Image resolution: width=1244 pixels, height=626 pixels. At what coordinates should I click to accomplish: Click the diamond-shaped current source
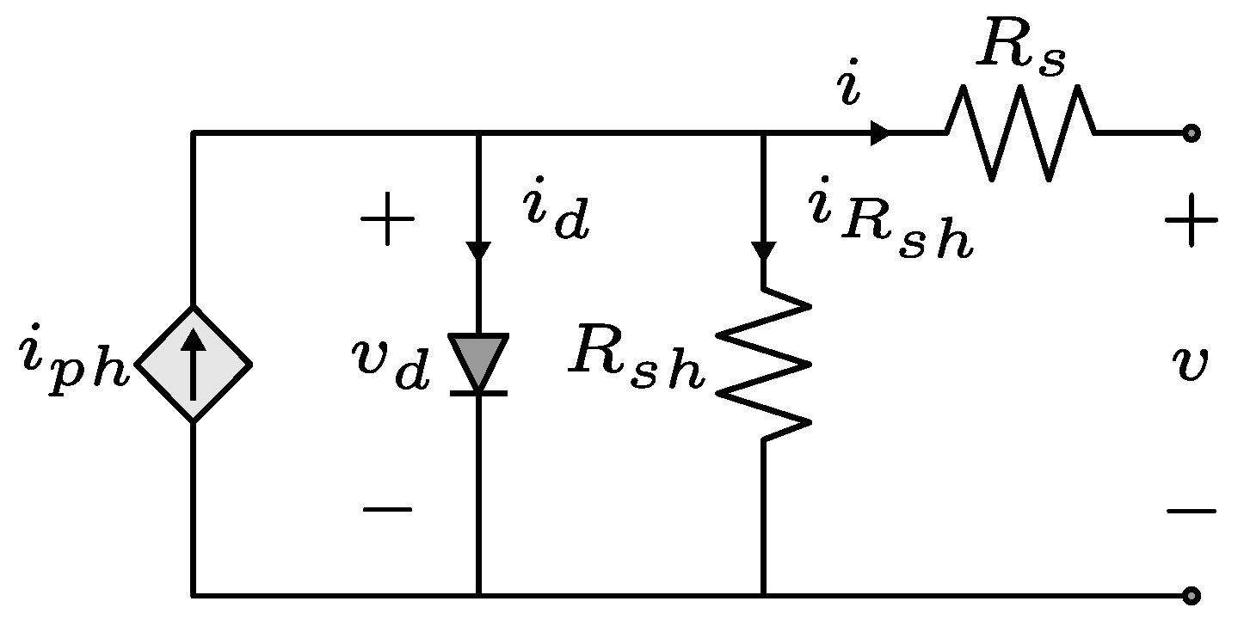coord(194,365)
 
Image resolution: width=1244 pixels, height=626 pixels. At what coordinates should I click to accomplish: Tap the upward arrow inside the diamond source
coord(194,361)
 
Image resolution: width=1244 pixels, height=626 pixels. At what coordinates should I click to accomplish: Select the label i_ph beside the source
coord(74,365)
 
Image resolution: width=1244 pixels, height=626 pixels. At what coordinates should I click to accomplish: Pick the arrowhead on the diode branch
coord(478,250)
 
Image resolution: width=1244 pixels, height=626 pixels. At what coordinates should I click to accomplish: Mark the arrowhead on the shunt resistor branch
coord(764,250)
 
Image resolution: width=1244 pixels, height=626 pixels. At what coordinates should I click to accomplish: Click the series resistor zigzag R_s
coord(1021,133)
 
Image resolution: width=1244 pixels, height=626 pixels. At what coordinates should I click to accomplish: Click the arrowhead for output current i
coord(880,133)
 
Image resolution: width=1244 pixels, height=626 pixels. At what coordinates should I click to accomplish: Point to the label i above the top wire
coord(849,89)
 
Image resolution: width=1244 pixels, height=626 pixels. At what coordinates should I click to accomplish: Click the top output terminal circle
coord(1191,133)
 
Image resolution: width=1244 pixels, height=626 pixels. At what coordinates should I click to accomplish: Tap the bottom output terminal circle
coord(1191,595)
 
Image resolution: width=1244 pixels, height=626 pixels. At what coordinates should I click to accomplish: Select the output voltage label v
coord(1191,365)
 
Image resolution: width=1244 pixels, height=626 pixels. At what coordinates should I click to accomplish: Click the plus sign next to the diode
coord(387,220)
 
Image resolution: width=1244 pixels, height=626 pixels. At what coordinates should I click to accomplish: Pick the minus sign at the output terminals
coord(1191,512)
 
